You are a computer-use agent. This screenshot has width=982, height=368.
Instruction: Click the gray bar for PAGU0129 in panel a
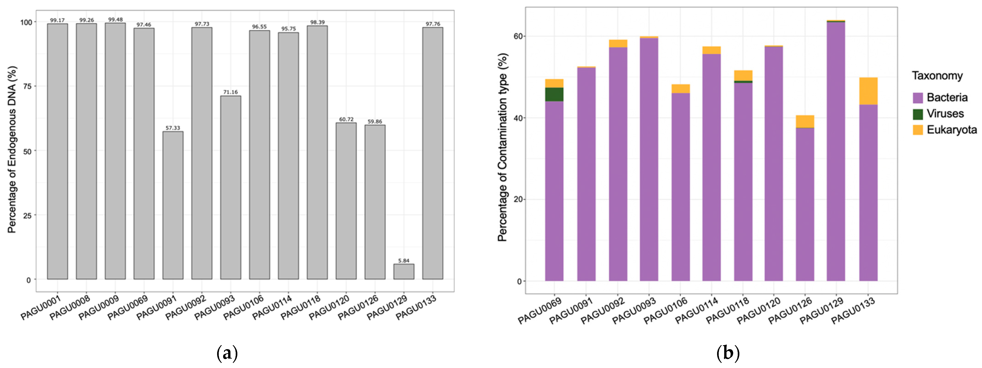(404, 272)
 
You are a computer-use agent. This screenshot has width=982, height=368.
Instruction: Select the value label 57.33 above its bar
(173, 128)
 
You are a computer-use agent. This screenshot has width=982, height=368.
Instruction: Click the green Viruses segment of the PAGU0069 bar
(554, 95)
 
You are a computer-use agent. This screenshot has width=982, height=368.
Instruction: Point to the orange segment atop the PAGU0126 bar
(805, 121)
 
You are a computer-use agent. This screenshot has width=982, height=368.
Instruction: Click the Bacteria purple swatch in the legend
(918, 98)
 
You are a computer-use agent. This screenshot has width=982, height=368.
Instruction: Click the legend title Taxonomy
(937, 76)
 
